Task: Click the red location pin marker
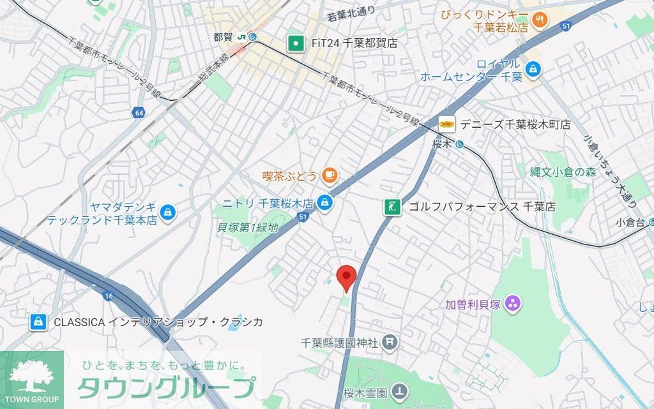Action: coord(346,276)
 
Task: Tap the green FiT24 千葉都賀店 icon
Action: coord(296,43)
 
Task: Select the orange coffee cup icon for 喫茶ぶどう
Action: coord(329,174)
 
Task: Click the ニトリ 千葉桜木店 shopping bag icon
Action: coord(325,203)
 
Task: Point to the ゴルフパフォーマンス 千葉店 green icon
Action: coord(392,207)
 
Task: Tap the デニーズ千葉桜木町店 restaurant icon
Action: coord(446,124)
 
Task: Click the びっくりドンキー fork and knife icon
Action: coord(540,20)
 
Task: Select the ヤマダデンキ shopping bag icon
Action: coord(167,212)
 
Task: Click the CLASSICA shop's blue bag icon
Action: coord(39,322)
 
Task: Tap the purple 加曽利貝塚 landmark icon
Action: coord(512,304)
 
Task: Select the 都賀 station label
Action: coord(224,37)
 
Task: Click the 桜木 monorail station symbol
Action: coord(460,144)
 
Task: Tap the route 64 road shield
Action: coord(139,114)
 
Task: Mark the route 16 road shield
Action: coord(107,296)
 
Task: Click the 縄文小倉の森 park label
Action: coord(563,172)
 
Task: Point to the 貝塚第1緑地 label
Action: coord(248,227)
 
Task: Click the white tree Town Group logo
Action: coord(32,376)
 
